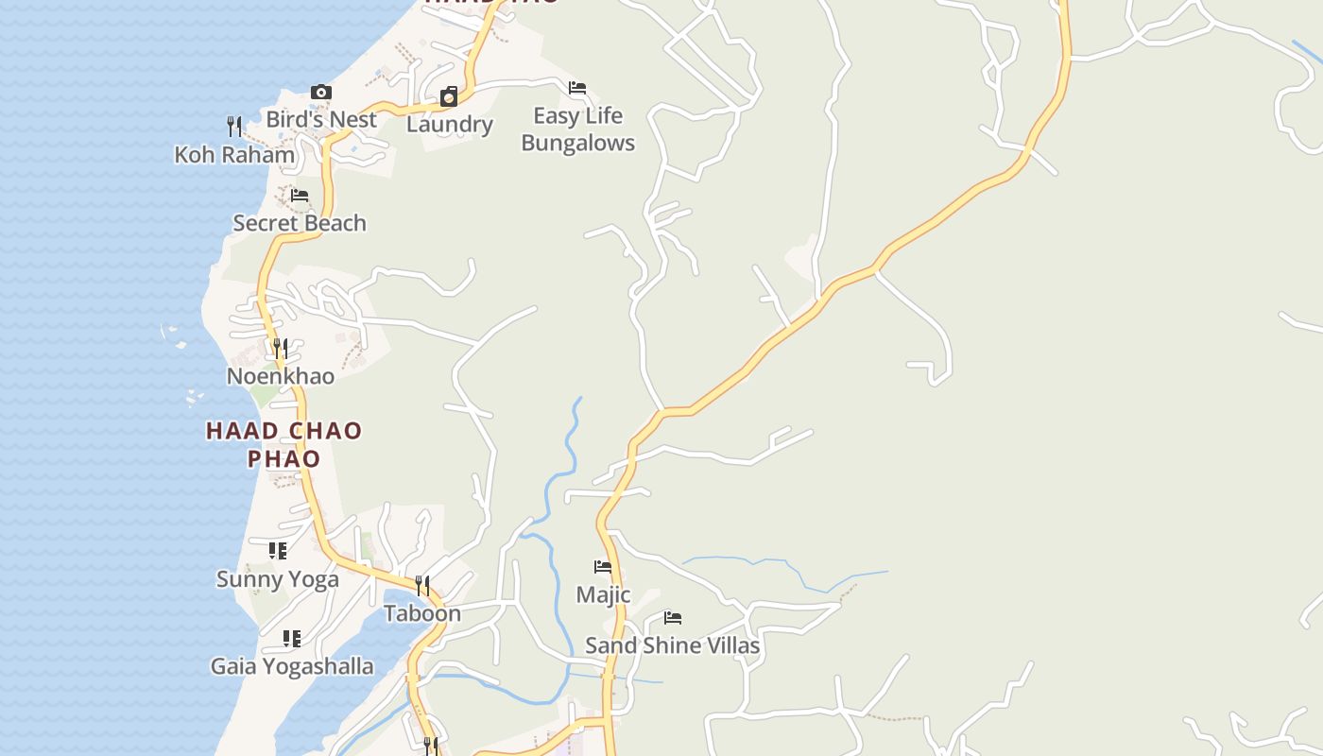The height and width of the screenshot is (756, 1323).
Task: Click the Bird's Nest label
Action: (321, 119)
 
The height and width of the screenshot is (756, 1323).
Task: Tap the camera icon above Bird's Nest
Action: (321, 93)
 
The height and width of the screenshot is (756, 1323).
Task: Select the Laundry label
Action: (450, 124)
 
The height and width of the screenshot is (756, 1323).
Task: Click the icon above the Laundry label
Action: (449, 96)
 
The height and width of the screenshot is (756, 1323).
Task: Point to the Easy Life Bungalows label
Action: (577, 129)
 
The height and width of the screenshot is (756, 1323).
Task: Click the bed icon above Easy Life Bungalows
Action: (577, 89)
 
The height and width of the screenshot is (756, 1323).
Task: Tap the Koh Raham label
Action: (234, 154)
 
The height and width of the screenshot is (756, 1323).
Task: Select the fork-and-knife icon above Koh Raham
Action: (234, 126)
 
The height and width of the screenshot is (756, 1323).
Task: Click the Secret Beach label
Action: (300, 223)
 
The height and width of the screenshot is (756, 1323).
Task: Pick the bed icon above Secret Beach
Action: (300, 196)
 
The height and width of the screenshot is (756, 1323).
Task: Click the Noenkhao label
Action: (281, 376)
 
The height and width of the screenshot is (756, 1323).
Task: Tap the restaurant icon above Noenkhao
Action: (281, 349)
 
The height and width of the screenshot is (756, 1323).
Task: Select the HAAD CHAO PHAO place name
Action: (283, 444)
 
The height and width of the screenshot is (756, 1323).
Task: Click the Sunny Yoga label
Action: (278, 579)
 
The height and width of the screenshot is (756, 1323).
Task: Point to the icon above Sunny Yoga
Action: (277, 550)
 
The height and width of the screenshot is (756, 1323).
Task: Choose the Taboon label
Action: (422, 613)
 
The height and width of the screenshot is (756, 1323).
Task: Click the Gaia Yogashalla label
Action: (292, 666)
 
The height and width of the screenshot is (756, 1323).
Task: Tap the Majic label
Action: (603, 595)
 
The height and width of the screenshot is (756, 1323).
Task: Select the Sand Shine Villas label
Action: (672, 645)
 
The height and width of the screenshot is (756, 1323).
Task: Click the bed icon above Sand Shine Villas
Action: (673, 618)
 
